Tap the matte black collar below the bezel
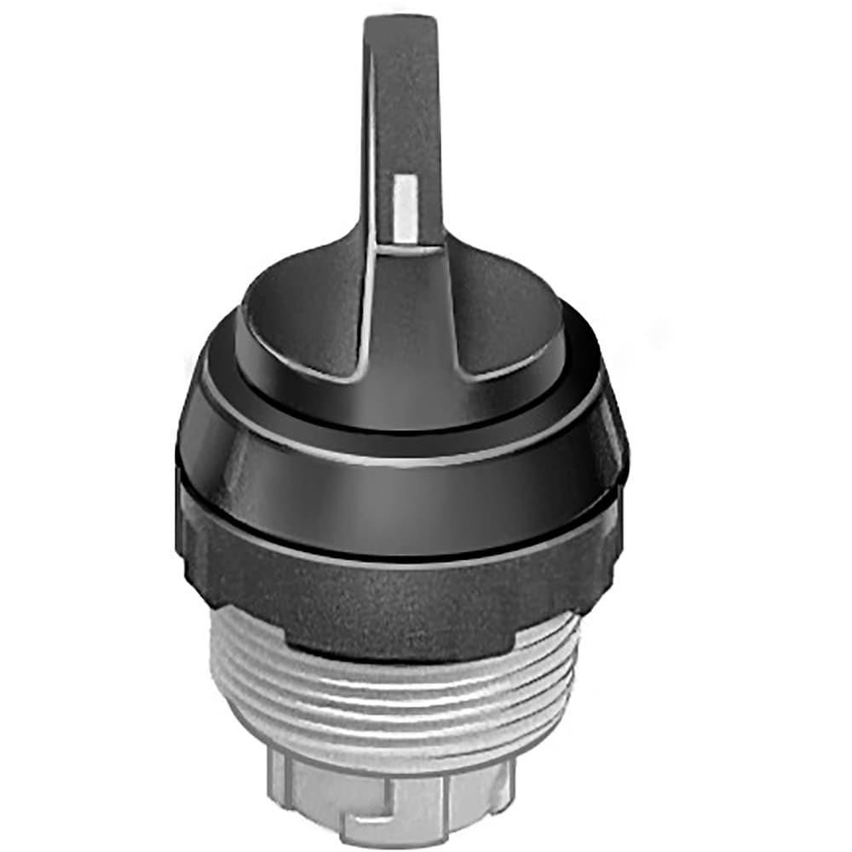pos(400,596)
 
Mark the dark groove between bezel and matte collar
pos(400,556)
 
